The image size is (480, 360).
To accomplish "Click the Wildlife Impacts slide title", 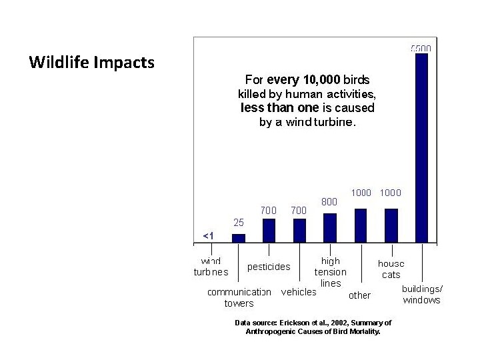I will [92, 63].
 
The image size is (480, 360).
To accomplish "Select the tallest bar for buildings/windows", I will [421, 147].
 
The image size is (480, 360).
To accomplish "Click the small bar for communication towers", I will [238, 237].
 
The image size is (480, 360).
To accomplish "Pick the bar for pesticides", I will [269, 229].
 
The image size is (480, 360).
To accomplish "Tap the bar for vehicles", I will [299, 229].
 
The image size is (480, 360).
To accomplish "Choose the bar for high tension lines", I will [329, 227].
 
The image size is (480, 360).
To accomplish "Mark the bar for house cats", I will [391, 225].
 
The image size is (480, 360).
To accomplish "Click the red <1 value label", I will [208, 235].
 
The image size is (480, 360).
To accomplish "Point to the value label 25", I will [239, 222].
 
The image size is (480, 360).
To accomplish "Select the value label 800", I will [329, 200].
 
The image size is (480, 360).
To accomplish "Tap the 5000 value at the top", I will [421, 48].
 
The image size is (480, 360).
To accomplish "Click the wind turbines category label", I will [211, 267].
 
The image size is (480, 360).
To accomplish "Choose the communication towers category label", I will [239, 297].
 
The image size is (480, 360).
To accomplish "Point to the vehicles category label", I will [299, 292].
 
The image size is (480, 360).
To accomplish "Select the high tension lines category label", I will [331, 272].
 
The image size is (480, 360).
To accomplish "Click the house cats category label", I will [391, 269].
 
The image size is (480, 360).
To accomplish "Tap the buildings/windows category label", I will [422, 295].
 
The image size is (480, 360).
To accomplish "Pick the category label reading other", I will [360, 295].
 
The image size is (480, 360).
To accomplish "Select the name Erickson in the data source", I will [291, 323].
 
